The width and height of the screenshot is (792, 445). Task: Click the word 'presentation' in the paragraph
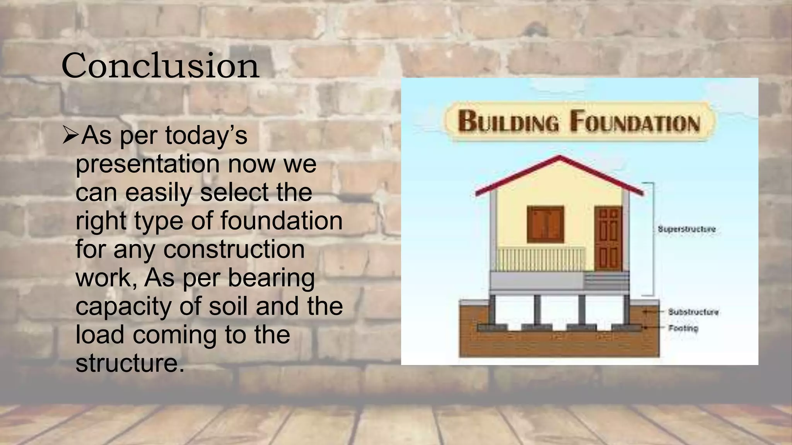(x=147, y=164)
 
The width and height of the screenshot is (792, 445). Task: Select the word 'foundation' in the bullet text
(x=281, y=221)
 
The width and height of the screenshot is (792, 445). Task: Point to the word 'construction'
(x=234, y=249)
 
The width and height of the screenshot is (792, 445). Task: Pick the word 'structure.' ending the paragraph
(x=130, y=363)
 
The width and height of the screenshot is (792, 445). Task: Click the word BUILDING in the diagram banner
(x=509, y=121)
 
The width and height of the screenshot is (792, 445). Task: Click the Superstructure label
(x=686, y=229)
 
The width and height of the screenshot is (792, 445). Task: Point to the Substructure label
(x=693, y=312)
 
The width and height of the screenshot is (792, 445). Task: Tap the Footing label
(x=683, y=328)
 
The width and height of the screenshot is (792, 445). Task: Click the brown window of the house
(x=545, y=224)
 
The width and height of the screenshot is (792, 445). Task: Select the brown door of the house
(x=608, y=238)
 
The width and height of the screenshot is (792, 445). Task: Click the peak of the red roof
(x=560, y=157)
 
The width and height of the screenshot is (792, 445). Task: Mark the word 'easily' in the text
(x=159, y=192)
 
